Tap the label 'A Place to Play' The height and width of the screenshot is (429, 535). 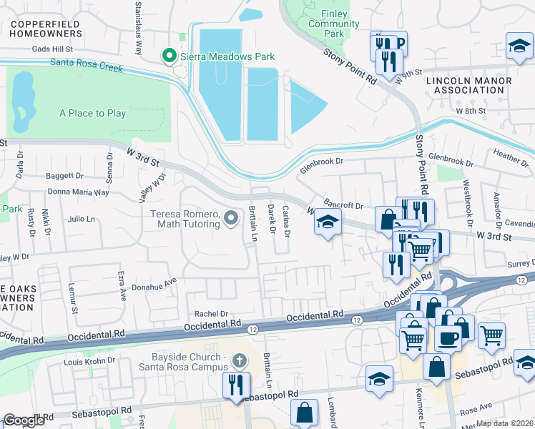[x=92, y=113]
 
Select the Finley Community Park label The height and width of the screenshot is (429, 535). [x=323, y=24]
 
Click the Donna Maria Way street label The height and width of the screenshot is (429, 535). [x=78, y=192]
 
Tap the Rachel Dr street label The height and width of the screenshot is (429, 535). [x=211, y=313]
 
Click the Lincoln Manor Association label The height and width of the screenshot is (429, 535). [x=469, y=86]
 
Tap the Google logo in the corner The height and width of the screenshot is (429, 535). [x=24, y=421]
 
